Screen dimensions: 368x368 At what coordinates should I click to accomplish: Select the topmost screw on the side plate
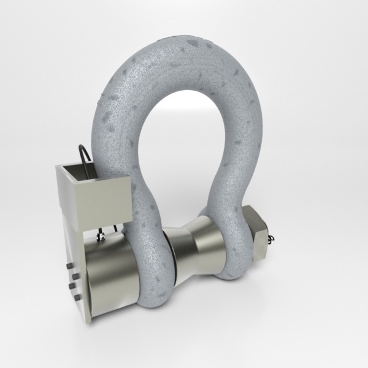(x=69, y=267)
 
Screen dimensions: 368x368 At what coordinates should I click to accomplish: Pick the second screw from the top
(x=72, y=277)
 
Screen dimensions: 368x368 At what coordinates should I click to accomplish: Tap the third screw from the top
(x=74, y=287)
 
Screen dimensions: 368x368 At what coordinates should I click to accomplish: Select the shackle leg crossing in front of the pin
(x=150, y=258)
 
